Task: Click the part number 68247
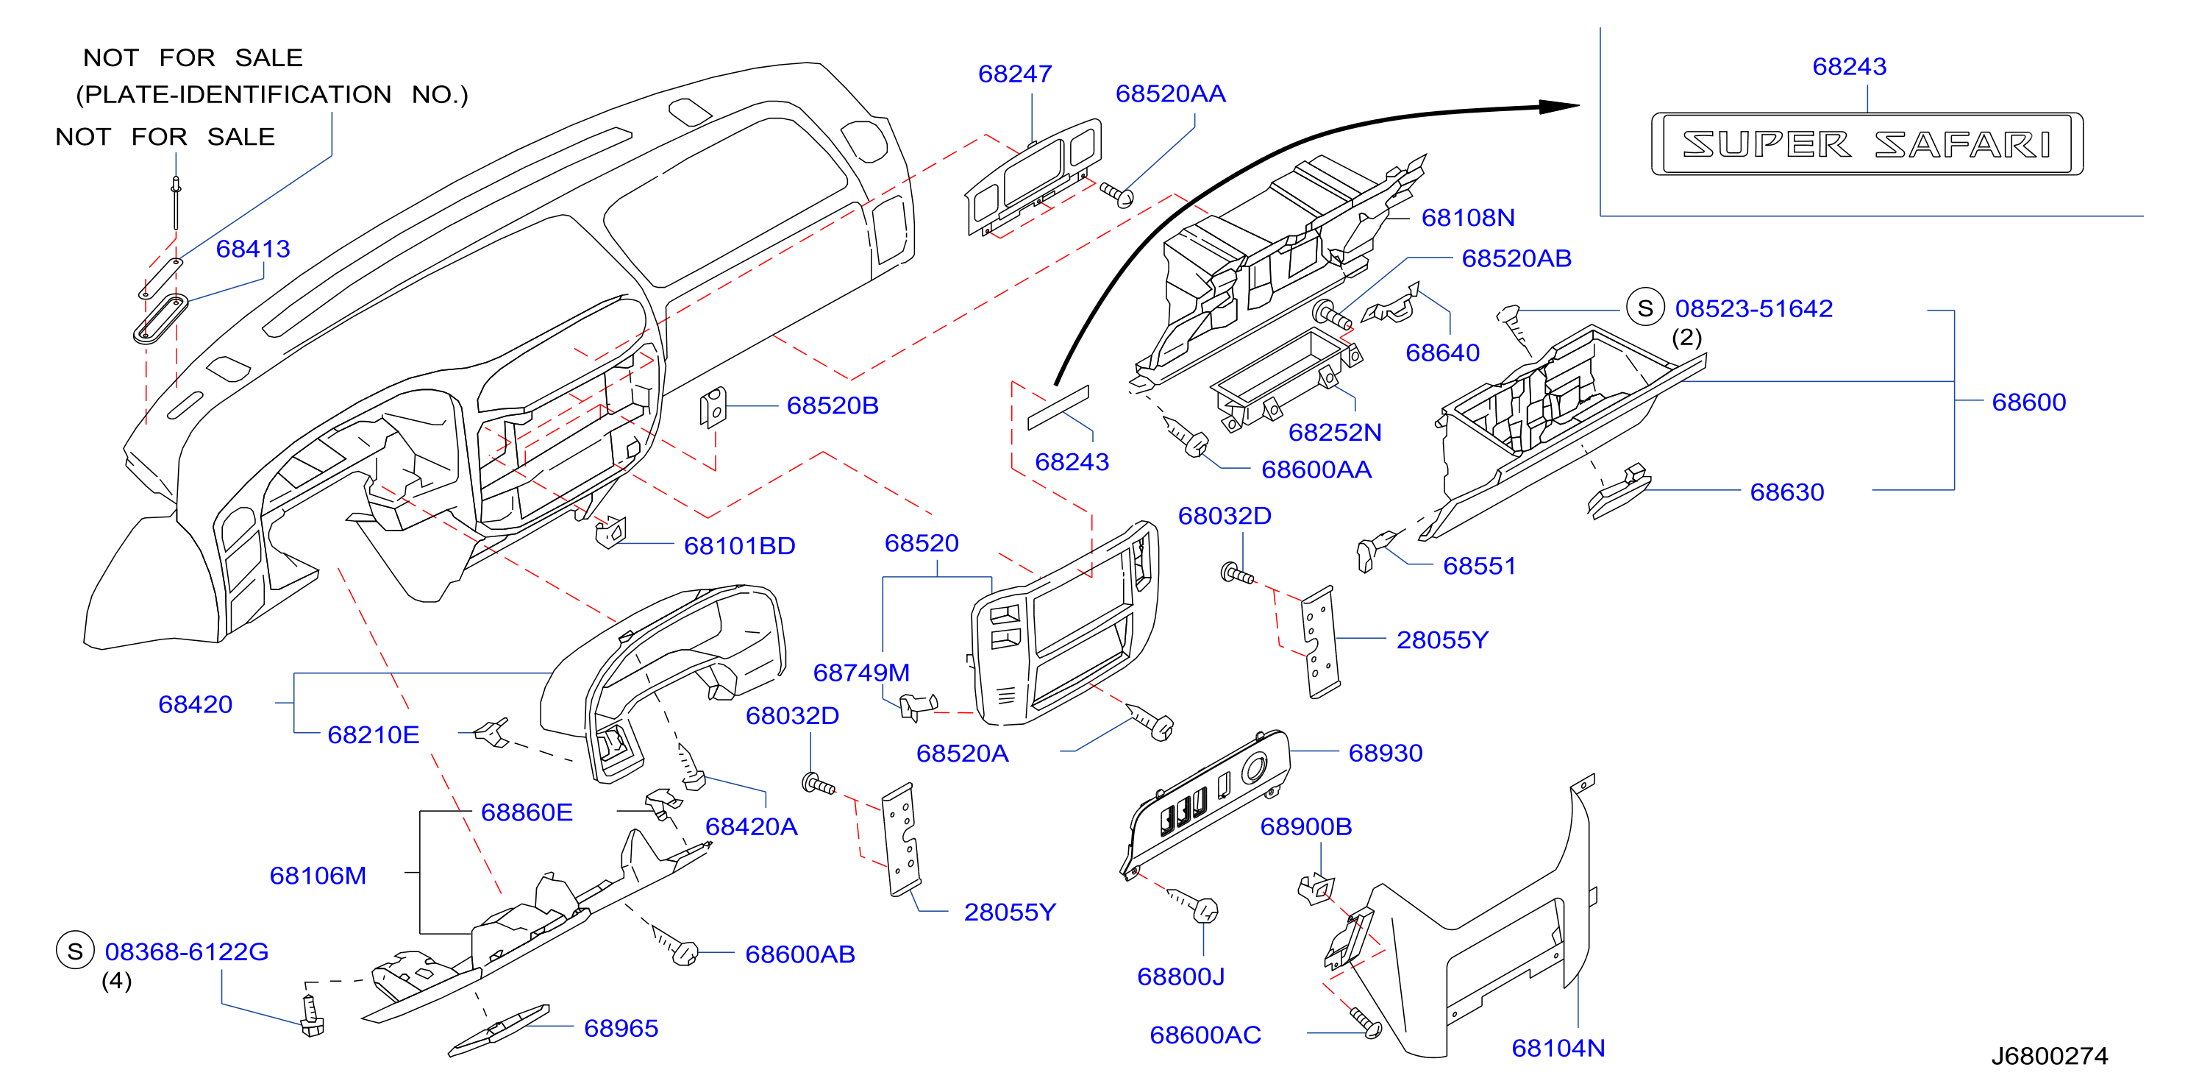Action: pyautogui.click(x=1014, y=74)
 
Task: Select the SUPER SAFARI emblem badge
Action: pyautogui.click(x=1867, y=144)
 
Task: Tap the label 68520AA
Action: pyautogui.click(x=1170, y=94)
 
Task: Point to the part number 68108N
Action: pyautogui.click(x=1467, y=218)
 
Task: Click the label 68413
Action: pyautogui.click(x=253, y=249)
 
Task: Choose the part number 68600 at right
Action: pyautogui.click(x=2028, y=402)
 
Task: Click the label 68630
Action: pyautogui.click(x=1786, y=492)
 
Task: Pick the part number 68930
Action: pyautogui.click(x=1386, y=753)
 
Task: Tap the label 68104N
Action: pyautogui.click(x=1558, y=1048)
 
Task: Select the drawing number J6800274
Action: pyautogui.click(x=2050, y=1056)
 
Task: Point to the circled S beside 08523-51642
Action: pyautogui.click(x=1645, y=308)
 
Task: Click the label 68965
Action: pyautogui.click(x=621, y=1028)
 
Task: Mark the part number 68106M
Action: pyautogui.click(x=318, y=875)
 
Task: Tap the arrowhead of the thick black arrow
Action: pyautogui.click(x=1571, y=106)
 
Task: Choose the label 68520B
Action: pyautogui.click(x=833, y=405)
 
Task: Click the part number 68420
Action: pyautogui.click(x=196, y=704)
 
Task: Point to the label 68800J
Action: pyautogui.click(x=1180, y=976)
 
